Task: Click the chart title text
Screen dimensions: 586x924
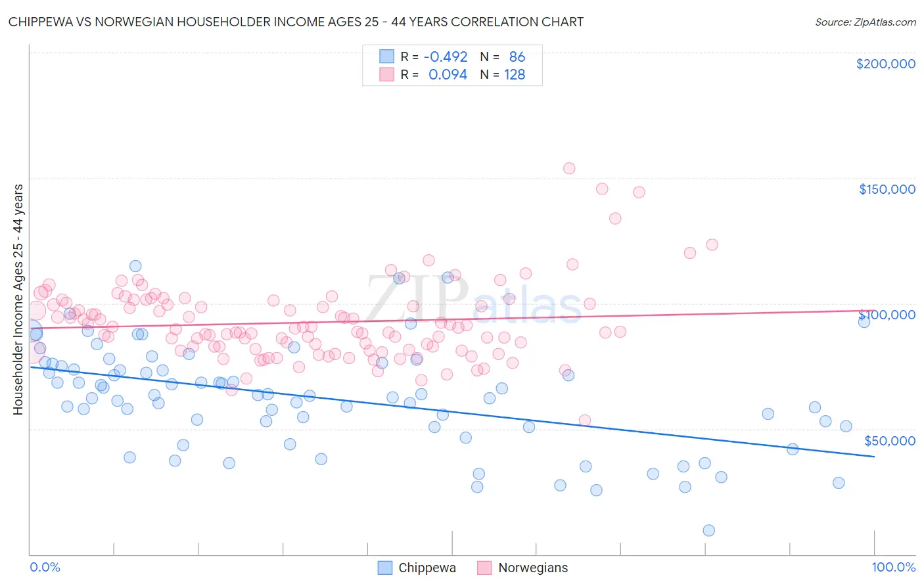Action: tap(296, 22)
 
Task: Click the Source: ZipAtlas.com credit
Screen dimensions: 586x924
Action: tap(865, 22)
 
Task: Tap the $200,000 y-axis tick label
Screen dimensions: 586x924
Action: tap(885, 64)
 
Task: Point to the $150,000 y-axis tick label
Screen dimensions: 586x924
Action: tap(887, 189)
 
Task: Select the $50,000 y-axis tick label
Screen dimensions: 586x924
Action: tap(889, 440)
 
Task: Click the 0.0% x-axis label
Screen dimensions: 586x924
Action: tap(45, 567)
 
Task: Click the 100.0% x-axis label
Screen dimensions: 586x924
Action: tap(893, 567)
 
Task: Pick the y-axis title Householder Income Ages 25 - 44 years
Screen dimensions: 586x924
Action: tap(18, 299)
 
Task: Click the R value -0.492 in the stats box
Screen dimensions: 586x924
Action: tap(445, 57)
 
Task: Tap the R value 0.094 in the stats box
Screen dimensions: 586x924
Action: tap(448, 75)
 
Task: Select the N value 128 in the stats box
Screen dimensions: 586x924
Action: tap(515, 75)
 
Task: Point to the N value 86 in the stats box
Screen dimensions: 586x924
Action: tap(517, 57)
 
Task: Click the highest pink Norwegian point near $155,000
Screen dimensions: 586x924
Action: tap(569, 168)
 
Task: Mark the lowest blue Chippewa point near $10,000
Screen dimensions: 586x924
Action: tap(708, 530)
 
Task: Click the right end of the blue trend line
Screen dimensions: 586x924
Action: tap(874, 456)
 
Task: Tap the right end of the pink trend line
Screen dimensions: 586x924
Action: tap(874, 310)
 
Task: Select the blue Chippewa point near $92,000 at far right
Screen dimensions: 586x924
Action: tap(864, 321)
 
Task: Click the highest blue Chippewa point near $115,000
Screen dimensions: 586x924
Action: tap(135, 266)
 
